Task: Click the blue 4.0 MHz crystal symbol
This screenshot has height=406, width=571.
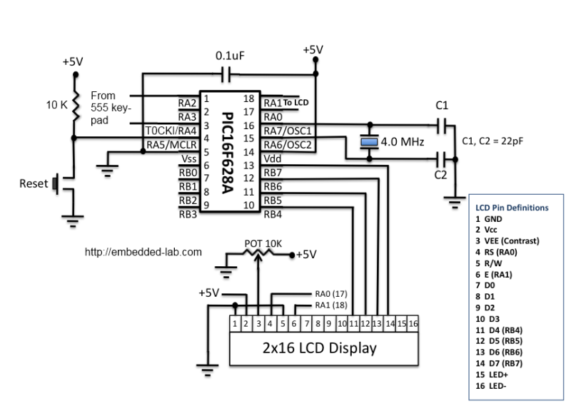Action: (x=369, y=142)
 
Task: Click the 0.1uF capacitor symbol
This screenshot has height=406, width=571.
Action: (x=226, y=75)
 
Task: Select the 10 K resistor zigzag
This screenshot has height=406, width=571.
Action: (x=76, y=106)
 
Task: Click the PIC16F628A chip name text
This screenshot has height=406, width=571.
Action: (x=227, y=153)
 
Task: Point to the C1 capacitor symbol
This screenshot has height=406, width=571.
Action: (x=441, y=126)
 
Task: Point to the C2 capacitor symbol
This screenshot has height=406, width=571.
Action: (x=441, y=158)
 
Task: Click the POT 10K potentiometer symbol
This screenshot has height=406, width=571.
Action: (x=258, y=253)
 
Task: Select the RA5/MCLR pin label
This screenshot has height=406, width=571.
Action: (x=171, y=145)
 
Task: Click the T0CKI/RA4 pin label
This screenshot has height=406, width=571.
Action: (x=171, y=131)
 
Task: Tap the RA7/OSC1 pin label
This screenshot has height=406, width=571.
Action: (x=288, y=131)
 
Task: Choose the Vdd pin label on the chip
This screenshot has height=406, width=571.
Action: (x=273, y=158)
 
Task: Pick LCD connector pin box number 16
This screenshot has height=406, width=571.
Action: (x=413, y=324)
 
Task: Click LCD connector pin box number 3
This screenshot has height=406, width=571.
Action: (x=258, y=324)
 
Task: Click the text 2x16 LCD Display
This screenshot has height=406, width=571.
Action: (x=320, y=348)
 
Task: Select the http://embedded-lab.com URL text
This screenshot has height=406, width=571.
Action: (x=143, y=252)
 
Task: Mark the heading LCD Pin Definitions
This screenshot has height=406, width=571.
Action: (x=512, y=208)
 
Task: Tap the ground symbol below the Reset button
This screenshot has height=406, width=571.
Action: (x=73, y=220)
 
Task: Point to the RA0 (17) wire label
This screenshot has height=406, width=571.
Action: (x=331, y=294)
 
